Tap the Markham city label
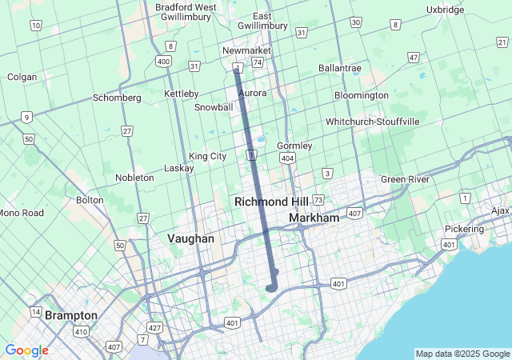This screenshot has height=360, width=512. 314,218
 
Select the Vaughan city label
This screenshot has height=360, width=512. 190,238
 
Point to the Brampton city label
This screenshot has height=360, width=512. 70,315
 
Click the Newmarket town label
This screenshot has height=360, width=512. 247,50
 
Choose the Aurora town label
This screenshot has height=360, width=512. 253,93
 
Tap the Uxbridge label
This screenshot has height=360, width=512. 446,10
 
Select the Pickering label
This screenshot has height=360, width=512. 464,229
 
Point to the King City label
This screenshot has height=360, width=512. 207,156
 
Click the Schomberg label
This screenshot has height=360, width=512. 117,98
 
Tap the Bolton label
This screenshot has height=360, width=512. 90,200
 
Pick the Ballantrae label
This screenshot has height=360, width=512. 340,69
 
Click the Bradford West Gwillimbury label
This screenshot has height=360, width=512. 186,12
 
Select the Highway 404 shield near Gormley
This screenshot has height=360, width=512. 287,159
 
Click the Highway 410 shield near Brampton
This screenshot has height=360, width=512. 82,330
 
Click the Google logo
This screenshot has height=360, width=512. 26,350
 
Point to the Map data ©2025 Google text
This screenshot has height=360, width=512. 462,354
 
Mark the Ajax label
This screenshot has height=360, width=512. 500,210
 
